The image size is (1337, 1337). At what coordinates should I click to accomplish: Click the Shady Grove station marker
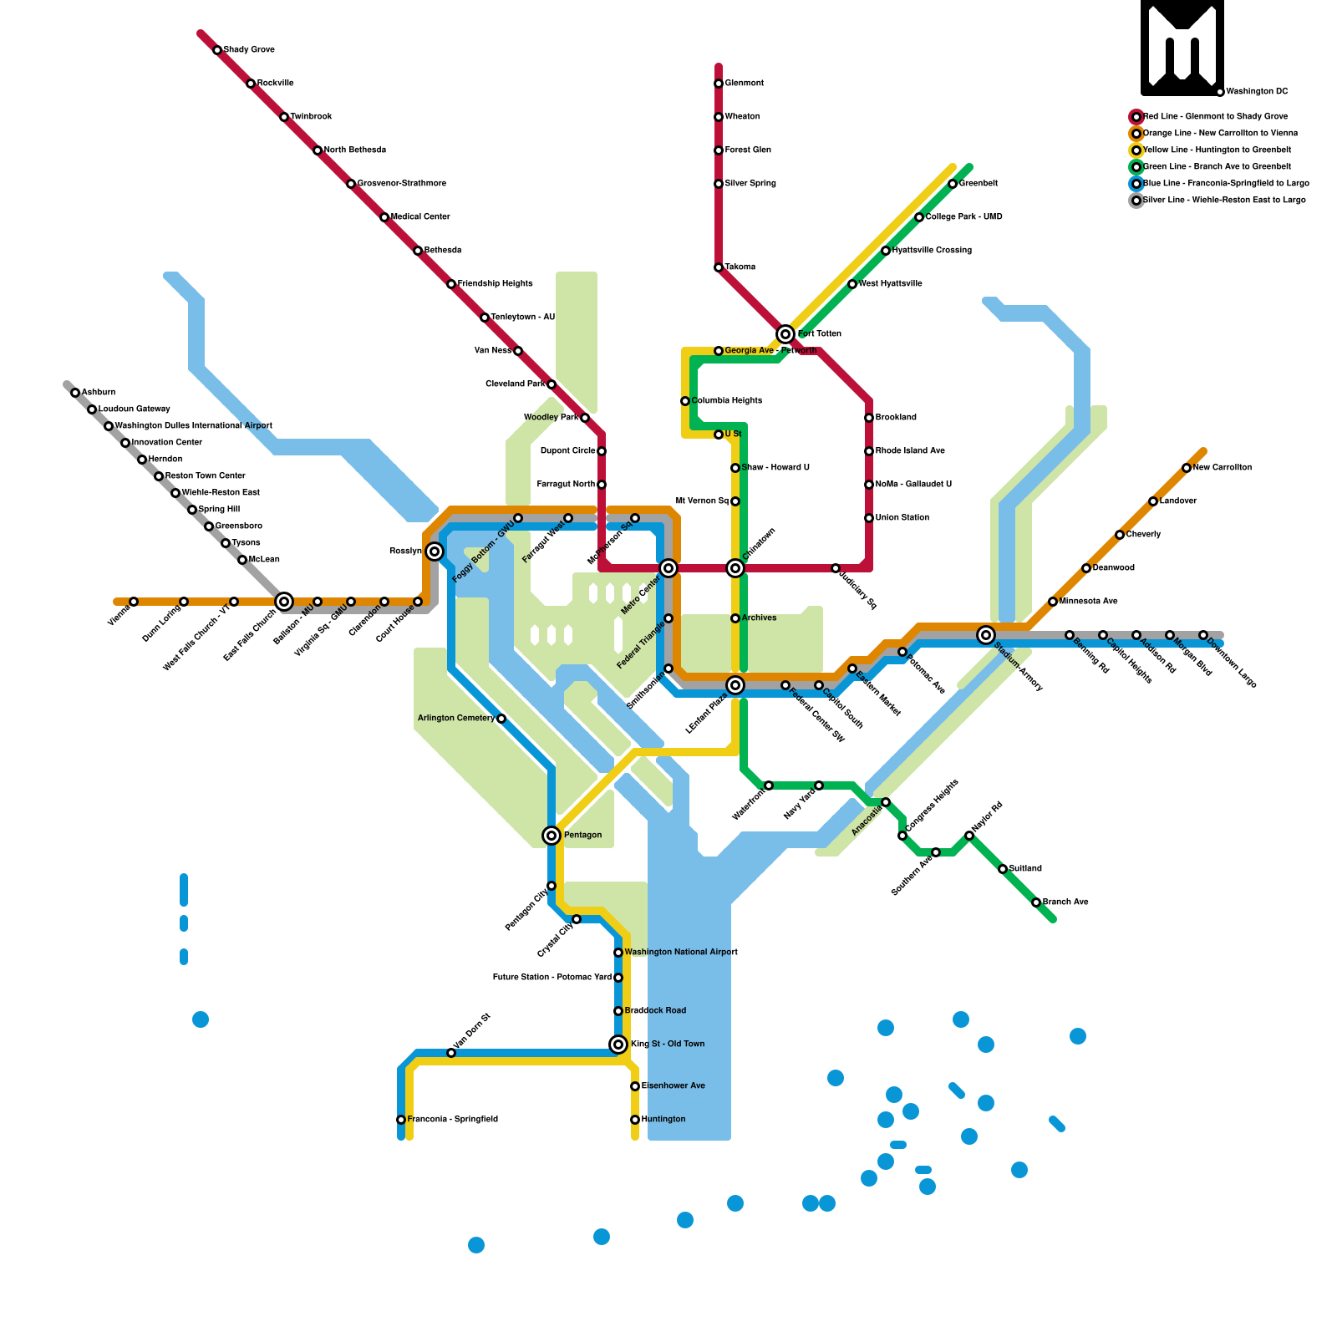pos(217,50)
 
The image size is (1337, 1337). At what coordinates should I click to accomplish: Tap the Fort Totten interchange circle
pos(785,334)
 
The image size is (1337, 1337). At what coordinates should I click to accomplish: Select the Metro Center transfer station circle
pos(668,568)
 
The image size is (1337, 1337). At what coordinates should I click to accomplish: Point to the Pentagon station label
pos(582,836)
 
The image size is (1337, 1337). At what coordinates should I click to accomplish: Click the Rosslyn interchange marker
pos(435,552)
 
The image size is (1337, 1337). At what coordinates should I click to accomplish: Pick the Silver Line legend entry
pos(1223,201)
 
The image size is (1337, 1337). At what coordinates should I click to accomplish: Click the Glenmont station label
pos(744,84)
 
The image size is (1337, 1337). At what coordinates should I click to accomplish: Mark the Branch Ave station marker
pos(1036,902)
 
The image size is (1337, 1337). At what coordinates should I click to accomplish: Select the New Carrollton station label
pos(1222,468)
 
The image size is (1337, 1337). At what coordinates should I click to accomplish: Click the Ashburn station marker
pos(75,393)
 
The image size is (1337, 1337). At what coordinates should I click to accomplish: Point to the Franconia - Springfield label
pos(452,1120)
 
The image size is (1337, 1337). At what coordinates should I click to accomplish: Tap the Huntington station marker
pos(635,1120)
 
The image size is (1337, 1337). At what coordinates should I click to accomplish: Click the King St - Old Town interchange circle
pos(618,1045)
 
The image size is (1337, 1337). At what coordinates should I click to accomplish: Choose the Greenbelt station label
pos(978,184)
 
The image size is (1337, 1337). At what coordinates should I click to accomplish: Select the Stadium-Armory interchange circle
pos(986,635)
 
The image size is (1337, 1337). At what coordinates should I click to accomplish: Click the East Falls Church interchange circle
pos(284,602)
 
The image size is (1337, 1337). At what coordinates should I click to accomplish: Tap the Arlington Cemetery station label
pos(456,719)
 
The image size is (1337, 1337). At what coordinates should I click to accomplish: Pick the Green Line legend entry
pos(1216,167)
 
